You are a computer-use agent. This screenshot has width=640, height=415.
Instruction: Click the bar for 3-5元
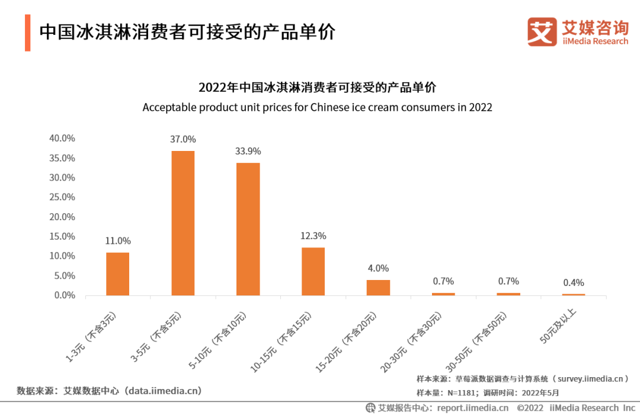(x=183, y=223)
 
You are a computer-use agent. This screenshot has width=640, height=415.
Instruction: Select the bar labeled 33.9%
(x=248, y=229)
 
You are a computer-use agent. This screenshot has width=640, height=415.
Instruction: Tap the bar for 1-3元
(x=117, y=274)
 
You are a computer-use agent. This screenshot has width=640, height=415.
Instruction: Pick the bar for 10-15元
(x=313, y=271)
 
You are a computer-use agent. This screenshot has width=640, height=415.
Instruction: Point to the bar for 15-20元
(x=378, y=288)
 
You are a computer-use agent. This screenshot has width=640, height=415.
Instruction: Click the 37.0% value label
(x=183, y=140)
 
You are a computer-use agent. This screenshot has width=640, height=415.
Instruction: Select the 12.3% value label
(x=313, y=236)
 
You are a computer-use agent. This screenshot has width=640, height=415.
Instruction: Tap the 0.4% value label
(x=574, y=282)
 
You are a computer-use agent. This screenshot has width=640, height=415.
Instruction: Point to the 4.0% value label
(x=378, y=268)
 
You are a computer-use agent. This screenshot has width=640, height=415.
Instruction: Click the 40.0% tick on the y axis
(x=62, y=139)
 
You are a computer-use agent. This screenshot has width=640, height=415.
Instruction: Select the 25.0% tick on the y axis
(x=62, y=197)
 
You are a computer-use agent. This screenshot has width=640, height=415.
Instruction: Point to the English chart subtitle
(x=317, y=108)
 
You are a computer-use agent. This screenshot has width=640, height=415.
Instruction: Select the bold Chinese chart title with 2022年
(x=317, y=88)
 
